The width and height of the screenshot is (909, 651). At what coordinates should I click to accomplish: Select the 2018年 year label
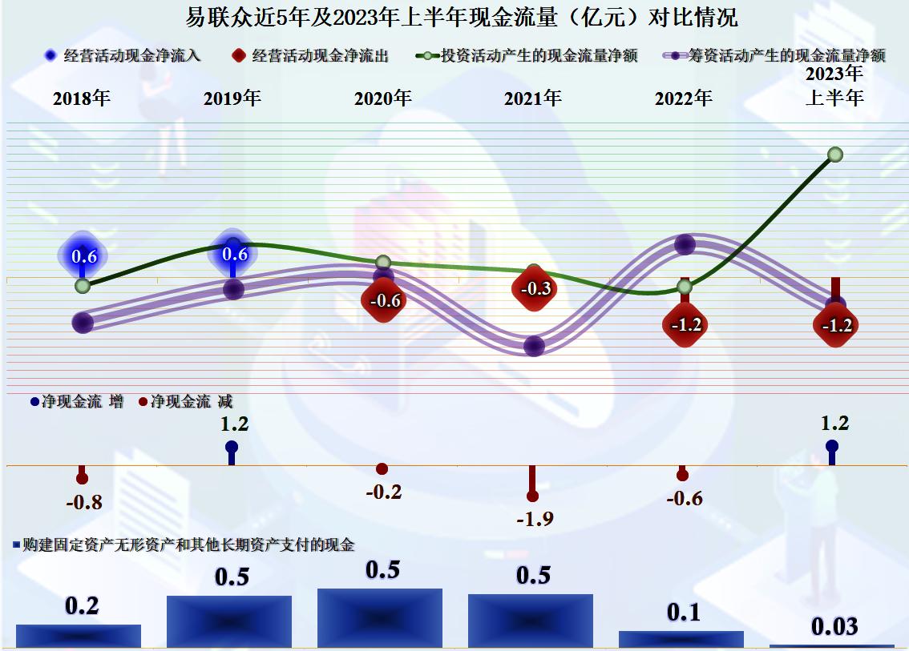click(82, 98)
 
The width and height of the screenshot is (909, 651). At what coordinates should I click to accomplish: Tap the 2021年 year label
click(533, 98)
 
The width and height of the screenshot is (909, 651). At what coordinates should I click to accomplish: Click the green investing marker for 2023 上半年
click(834, 154)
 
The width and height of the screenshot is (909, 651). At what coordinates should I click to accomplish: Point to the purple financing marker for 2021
click(534, 346)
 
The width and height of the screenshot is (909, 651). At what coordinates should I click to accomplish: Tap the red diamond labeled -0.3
click(535, 288)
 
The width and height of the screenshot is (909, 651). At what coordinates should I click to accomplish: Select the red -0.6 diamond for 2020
click(384, 301)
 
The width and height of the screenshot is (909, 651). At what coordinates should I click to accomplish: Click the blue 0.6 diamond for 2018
click(83, 256)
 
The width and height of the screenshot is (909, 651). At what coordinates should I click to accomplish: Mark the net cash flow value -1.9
click(535, 519)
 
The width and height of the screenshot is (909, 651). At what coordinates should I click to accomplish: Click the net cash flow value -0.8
click(83, 503)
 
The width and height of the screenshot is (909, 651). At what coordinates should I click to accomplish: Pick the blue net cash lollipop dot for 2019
click(232, 447)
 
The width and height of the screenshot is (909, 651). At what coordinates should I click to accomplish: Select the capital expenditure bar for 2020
click(380, 618)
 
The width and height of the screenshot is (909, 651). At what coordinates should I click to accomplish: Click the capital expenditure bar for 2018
click(79, 636)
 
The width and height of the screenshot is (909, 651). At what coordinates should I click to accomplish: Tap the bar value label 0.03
click(834, 626)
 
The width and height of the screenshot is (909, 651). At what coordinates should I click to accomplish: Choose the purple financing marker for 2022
click(685, 244)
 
